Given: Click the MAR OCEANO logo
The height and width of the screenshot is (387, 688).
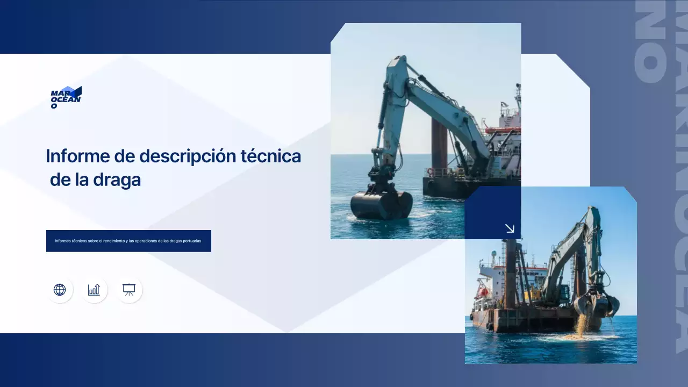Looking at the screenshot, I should pyautogui.click(x=66, y=97).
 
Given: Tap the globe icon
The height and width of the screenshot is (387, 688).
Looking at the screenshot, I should pyautogui.click(x=60, y=290).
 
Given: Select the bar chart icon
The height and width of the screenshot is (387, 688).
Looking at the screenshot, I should pyautogui.click(x=94, y=290).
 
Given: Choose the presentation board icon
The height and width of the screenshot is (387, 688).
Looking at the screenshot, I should pyautogui.click(x=129, y=290).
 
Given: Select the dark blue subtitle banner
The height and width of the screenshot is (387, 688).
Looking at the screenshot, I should pyautogui.click(x=128, y=241).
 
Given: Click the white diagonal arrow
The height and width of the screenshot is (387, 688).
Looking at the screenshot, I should pyautogui.click(x=510, y=228).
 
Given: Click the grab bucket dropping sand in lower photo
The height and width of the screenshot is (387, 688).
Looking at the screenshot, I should pyautogui.click(x=596, y=305).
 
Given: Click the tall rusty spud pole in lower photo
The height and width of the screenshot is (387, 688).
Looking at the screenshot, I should pyautogui.click(x=511, y=274).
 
